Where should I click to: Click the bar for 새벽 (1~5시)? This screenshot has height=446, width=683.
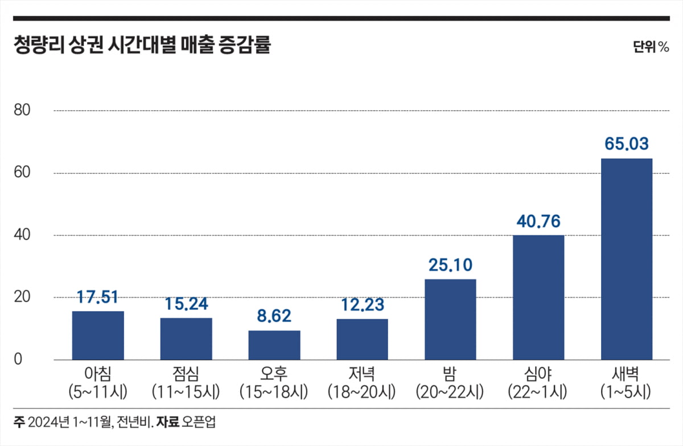pos(627,259)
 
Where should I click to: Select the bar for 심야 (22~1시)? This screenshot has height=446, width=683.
pos(538,297)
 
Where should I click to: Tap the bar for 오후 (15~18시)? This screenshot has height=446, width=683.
pos(274,345)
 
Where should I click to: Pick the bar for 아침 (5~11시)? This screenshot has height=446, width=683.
pos(98,335)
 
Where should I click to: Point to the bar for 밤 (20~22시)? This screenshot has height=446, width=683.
pos(450,320)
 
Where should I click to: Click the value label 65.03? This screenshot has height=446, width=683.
pos(626,144)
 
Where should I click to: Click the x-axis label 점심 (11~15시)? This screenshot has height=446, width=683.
pos(186,383)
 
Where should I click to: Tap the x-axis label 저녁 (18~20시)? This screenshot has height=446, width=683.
pos(362,383)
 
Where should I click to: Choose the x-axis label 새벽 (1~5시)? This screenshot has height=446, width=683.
pos(626,383)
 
